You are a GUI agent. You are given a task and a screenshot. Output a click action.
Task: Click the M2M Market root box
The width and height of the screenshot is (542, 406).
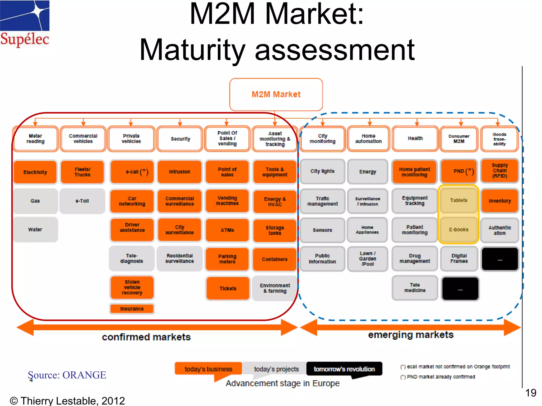(x=276, y=94)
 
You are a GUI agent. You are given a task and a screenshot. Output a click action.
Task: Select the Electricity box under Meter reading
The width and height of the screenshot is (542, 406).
(x=35, y=172)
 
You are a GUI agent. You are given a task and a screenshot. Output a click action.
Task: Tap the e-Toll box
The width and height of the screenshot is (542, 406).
(x=82, y=201)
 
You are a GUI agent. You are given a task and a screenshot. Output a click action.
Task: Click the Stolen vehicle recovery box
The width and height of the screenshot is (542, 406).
(x=132, y=287)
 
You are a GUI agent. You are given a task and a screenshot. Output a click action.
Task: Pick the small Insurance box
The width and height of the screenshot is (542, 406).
(x=132, y=309)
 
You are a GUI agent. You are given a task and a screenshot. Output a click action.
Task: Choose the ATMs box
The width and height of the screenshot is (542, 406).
(x=227, y=230)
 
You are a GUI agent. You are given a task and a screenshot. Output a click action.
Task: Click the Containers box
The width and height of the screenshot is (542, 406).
(x=275, y=259)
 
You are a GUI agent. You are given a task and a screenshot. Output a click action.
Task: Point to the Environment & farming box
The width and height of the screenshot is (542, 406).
(x=275, y=288)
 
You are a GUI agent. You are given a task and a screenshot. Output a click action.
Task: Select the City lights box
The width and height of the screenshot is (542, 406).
(x=322, y=171)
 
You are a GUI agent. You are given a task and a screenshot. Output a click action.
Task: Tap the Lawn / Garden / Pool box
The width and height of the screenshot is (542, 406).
(x=368, y=259)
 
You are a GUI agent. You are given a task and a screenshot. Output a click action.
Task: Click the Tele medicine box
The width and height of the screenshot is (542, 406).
(x=415, y=288)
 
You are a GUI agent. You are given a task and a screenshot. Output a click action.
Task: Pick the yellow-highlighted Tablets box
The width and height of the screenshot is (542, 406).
(x=459, y=200)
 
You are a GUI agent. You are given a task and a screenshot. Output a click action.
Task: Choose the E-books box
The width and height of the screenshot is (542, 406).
(x=459, y=229)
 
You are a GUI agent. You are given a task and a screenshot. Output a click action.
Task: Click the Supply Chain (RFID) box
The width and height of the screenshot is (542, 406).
(x=500, y=171)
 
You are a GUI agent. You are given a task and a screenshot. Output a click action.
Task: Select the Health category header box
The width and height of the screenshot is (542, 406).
(x=415, y=139)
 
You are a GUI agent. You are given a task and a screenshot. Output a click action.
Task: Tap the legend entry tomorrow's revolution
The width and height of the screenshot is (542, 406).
(x=344, y=369)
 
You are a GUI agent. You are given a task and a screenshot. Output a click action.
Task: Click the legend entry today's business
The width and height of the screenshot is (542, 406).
(x=208, y=369)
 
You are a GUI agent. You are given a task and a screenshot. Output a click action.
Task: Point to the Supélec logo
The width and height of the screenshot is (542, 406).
(x=25, y=24)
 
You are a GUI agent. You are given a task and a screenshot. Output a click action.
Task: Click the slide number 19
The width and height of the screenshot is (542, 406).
(x=531, y=393)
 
